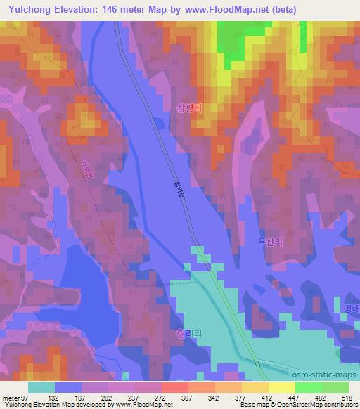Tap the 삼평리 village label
pos(189,109)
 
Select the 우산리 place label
pos(270,240)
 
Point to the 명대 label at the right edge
pos(351,307)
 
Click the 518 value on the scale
pos(346,397)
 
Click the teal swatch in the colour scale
pos(41,387)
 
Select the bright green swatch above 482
pos(309,387)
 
